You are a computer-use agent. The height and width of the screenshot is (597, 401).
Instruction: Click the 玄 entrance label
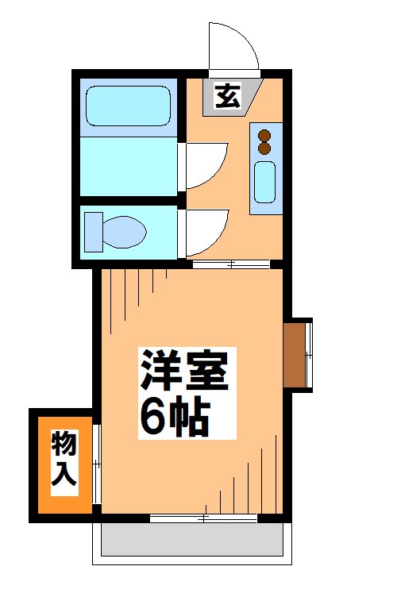click(227, 97)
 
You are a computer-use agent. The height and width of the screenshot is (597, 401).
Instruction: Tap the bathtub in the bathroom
click(128, 106)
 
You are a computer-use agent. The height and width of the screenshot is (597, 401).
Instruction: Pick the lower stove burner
click(264, 148)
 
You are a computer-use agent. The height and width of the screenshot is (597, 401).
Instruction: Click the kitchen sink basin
click(264, 181)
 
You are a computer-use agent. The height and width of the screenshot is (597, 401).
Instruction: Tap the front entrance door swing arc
click(233, 48)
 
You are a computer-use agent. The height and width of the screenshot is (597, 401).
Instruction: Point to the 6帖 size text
click(174, 416)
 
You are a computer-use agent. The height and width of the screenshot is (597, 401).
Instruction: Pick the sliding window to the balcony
click(203, 518)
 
